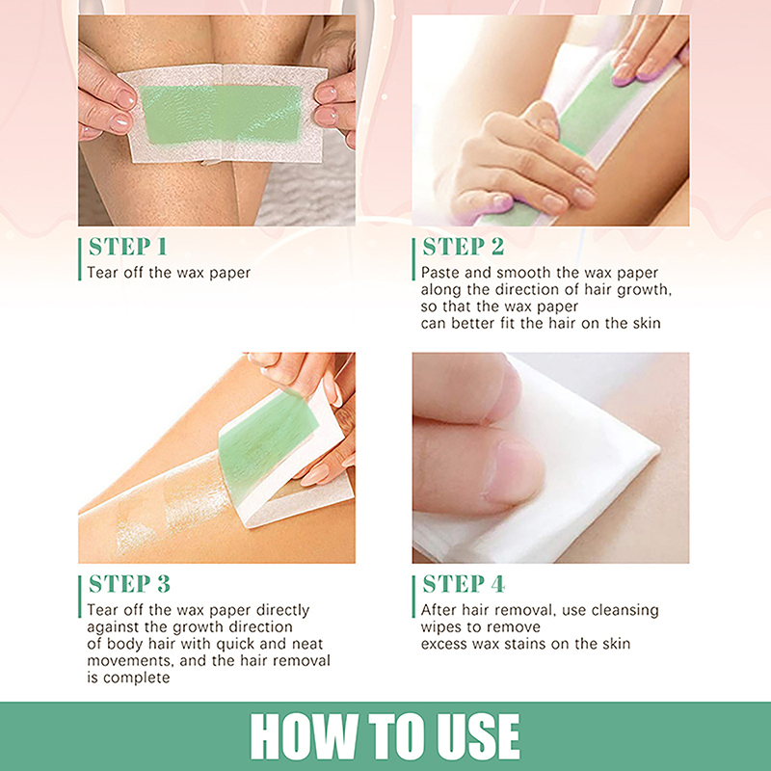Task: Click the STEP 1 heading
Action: click(x=128, y=247)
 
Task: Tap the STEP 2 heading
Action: click(x=464, y=247)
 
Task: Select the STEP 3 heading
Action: click(x=129, y=584)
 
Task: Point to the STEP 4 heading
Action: click(x=464, y=584)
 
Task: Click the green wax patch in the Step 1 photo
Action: click(x=222, y=115)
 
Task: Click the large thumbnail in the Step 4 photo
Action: click(x=515, y=472)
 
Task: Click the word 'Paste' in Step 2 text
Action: click(x=440, y=273)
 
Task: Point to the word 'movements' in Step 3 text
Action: click(x=130, y=661)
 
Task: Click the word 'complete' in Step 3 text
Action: click(x=137, y=678)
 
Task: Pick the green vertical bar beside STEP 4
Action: click(x=414, y=597)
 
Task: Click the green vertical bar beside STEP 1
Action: click(x=80, y=259)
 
